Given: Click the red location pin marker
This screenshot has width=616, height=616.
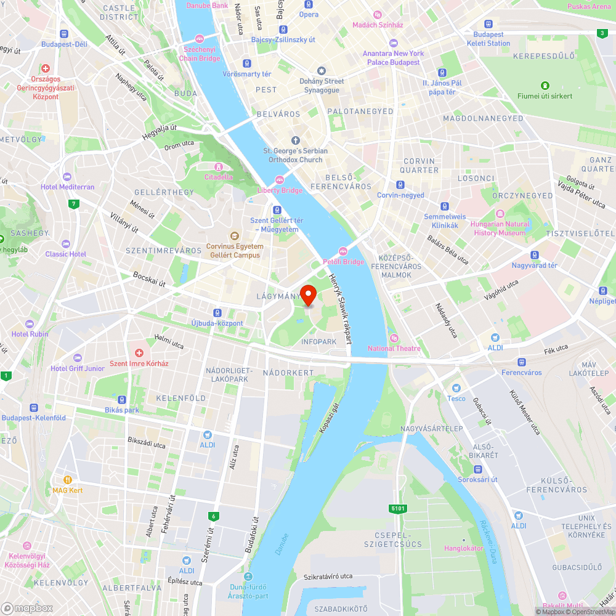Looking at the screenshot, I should click(308, 294).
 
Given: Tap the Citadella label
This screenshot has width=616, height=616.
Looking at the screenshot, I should click(219, 177).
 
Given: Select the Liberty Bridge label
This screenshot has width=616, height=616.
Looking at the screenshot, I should click(280, 190).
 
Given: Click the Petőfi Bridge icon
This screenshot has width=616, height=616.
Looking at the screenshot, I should click(343, 251).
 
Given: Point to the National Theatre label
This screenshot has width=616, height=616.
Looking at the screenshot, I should click(394, 349).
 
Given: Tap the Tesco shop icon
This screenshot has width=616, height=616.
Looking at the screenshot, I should click(456, 388).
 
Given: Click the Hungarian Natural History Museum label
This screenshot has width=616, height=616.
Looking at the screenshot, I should click(500, 229).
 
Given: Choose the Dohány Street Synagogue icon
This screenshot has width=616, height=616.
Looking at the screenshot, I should click(321, 71).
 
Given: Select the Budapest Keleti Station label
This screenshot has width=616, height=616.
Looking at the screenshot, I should click(488, 39).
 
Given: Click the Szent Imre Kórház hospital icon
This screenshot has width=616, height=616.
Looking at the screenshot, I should click(139, 354).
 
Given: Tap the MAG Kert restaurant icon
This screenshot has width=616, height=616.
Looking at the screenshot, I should click(68, 480).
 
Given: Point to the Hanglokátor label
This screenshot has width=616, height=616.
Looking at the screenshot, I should click(464, 548).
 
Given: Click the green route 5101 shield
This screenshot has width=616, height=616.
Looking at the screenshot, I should click(398, 509).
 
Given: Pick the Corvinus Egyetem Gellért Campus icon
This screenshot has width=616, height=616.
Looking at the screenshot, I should click(234, 236).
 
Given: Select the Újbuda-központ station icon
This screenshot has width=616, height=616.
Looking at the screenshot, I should click(217, 313).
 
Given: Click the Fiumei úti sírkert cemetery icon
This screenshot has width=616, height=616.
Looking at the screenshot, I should click(545, 86).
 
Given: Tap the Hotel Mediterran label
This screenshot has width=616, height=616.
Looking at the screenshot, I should click(68, 187).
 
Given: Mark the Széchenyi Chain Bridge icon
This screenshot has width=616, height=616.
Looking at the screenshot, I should click(199, 39).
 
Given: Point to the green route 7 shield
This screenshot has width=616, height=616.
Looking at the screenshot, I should click(74, 204).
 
